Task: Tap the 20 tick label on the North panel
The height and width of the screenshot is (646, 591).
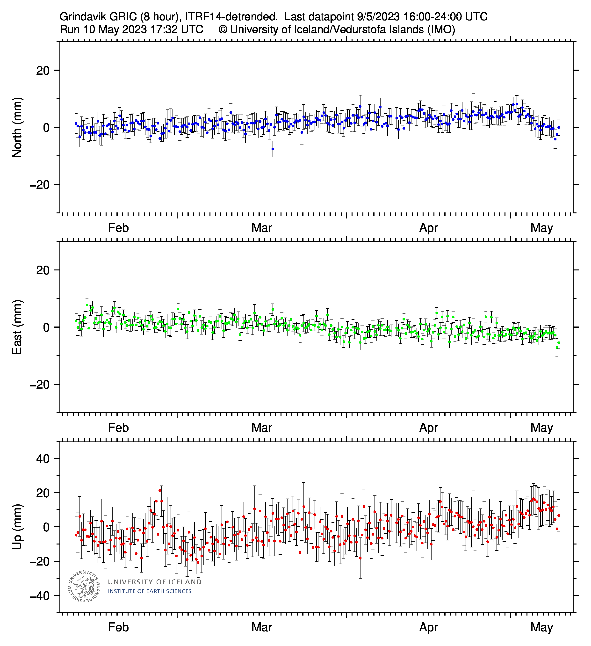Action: coord(43,71)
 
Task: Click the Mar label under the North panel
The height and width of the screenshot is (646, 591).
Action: coord(261,228)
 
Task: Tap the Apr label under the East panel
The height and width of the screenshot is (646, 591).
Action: coord(428,428)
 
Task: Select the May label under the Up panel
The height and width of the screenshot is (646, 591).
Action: coord(541,627)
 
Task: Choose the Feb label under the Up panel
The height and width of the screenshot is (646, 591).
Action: coord(118,627)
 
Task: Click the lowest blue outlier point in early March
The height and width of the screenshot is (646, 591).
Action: coord(273,149)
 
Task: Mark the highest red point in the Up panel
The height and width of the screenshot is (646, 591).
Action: coord(160,491)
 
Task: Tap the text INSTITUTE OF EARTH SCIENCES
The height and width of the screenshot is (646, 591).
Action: coord(150,591)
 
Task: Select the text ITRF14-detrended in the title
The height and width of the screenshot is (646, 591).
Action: coord(231,17)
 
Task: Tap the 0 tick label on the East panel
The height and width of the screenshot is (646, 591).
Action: coord(46,327)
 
